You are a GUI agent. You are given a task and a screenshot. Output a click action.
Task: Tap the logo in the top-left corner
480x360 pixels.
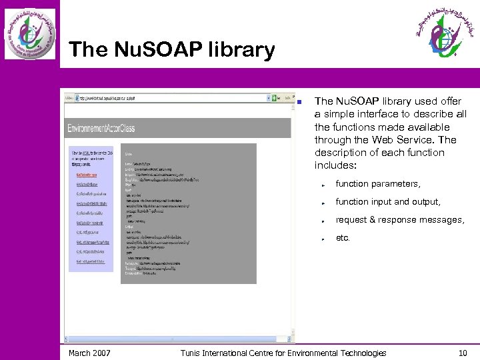click(x=30, y=33)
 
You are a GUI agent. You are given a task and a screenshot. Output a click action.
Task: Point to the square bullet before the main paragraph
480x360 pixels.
click(x=300, y=102)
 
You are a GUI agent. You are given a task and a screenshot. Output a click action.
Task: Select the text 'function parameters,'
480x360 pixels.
click(x=377, y=183)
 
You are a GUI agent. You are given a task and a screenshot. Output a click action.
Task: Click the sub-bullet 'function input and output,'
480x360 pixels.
click(x=387, y=201)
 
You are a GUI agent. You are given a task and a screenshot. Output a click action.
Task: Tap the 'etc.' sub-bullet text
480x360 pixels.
click(x=343, y=237)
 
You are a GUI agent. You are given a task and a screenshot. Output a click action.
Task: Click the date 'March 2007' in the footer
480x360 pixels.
click(x=89, y=353)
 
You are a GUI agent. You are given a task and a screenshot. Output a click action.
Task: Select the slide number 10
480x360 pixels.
click(x=463, y=353)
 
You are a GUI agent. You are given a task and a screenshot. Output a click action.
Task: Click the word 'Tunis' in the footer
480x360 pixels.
click(x=192, y=353)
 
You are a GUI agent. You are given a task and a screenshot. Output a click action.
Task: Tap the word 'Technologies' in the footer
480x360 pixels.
click(x=361, y=353)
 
